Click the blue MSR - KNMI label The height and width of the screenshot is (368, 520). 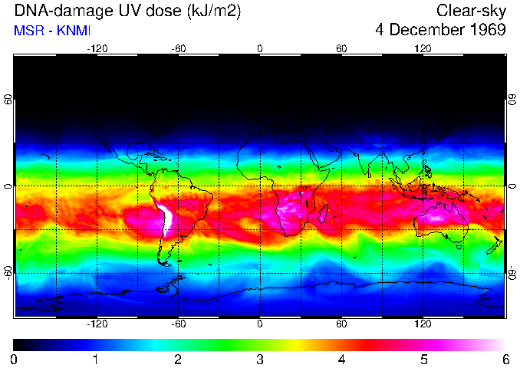pyautogui.click(x=52, y=31)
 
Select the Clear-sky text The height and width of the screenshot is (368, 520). pyautogui.click(x=471, y=11)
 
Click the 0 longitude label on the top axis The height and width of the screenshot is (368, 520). pyautogui.click(x=260, y=48)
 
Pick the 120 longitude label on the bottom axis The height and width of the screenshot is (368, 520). pyautogui.click(x=423, y=324)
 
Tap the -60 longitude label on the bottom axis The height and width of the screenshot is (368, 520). pyautogui.click(x=178, y=324)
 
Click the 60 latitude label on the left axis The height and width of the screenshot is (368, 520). pyautogui.click(x=8, y=100)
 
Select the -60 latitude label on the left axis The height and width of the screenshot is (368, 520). pyautogui.click(x=8, y=273)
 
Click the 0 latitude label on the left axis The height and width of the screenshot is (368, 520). pyautogui.click(x=8, y=186)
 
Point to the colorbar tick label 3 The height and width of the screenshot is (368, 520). pyautogui.click(x=260, y=359)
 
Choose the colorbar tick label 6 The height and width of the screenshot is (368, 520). pyautogui.click(x=505, y=359)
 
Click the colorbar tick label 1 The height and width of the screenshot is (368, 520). pyautogui.click(x=96, y=359)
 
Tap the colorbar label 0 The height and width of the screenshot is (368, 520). pyautogui.click(x=15, y=359)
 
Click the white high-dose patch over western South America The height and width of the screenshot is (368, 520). pyautogui.click(x=167, y=221)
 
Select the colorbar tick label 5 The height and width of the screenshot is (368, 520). pyautogui.click(x=423, y=359)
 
